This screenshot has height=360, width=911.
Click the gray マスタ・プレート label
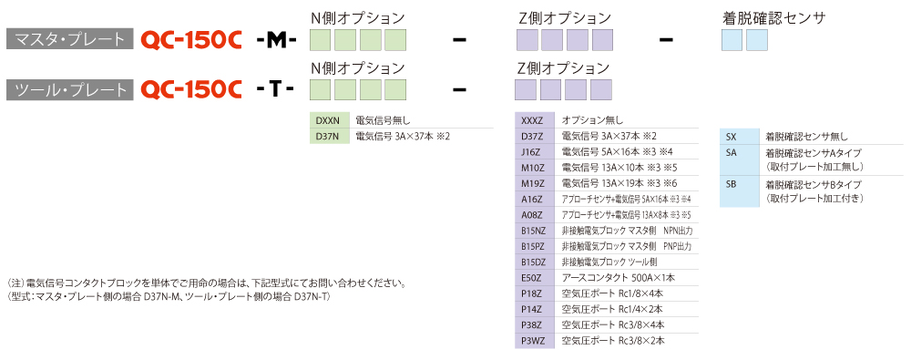(x=69, y=39)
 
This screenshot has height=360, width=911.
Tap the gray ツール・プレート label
(x=69, y=89)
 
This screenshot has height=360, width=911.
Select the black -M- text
(x=277, y=39)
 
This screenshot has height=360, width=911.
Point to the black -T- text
(x=275, y=89)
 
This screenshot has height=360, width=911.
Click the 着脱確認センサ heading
(x=773, y=18)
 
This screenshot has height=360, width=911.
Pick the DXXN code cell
(x=329, y=121)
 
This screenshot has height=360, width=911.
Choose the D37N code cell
(x=329, y=137)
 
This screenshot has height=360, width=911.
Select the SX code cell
(x=739, y=138)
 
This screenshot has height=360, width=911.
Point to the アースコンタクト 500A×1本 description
(x=619, y=278)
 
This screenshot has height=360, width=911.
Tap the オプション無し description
(x=593, y=121)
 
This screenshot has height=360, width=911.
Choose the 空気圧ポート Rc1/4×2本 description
(x=612, y=309)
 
